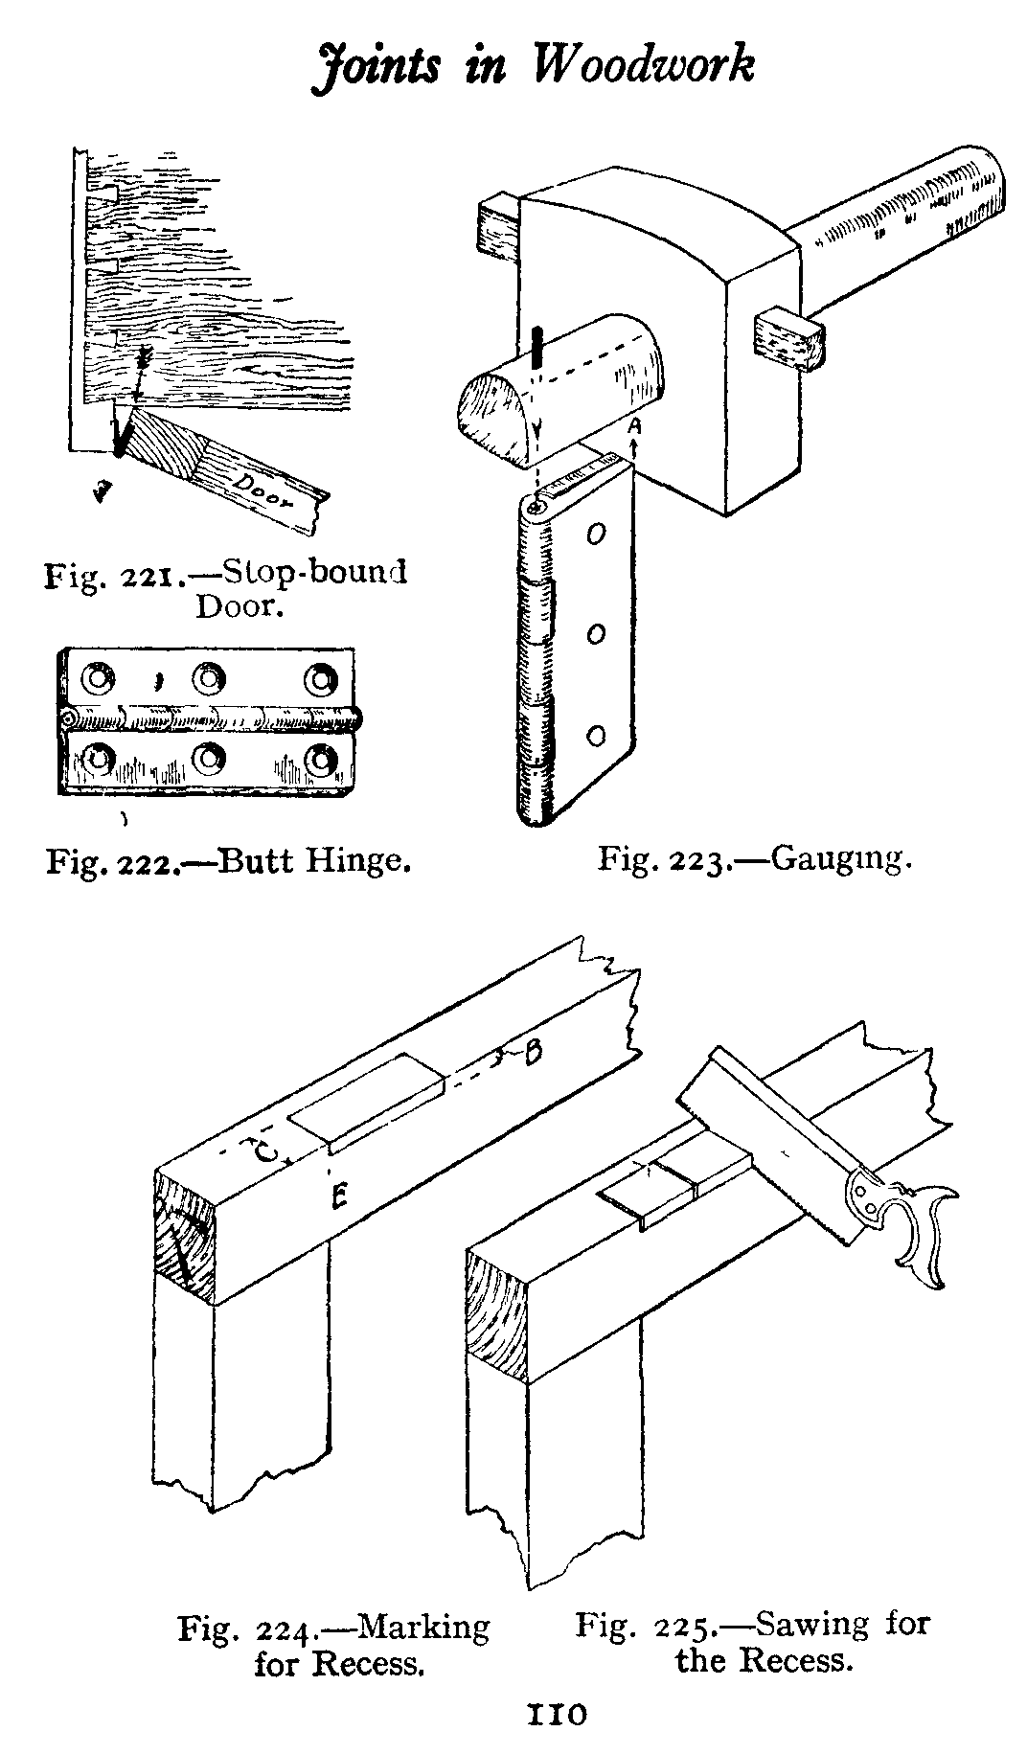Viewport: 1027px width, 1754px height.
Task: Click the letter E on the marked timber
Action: click(x=335, y=1196)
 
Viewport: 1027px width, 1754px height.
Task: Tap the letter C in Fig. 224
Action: click(x=264, y=1151)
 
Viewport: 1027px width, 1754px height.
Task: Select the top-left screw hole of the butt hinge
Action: click(x=97, y=679)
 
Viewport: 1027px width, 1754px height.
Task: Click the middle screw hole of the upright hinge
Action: click(x=596, y=634)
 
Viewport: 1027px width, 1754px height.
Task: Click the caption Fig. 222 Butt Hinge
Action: click(x=229, y=859)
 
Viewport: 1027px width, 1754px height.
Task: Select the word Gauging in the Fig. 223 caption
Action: click(x=840, y=856)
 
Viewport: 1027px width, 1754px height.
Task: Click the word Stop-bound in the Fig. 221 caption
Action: click(x=315, y=572)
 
